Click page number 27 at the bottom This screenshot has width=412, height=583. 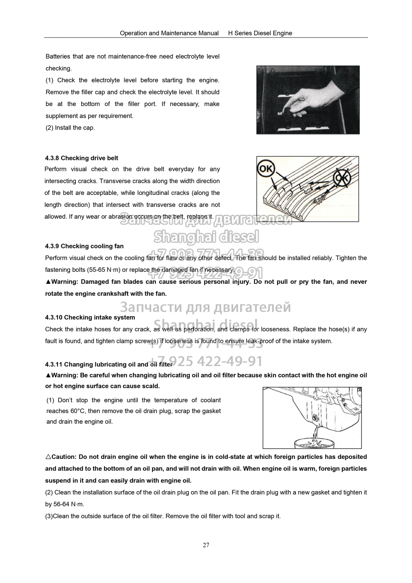point(206,545)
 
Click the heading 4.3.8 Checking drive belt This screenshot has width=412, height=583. point(82,158)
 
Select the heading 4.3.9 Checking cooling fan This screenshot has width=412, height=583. point(84,246)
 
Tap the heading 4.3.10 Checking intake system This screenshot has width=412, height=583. point(90,317)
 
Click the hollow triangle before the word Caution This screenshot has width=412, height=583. point(48,457)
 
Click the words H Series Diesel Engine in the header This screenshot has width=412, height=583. point(260,33)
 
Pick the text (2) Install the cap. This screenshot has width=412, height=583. point(70,128)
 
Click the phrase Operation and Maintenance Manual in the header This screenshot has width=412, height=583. point(169,33)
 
